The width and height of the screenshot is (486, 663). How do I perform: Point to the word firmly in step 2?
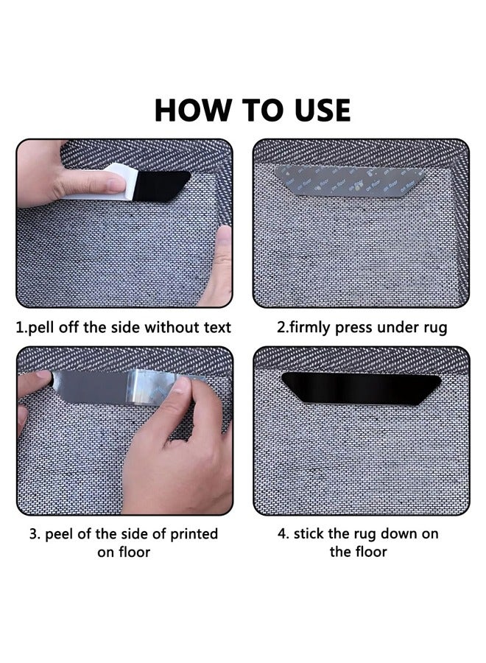click(314, 327)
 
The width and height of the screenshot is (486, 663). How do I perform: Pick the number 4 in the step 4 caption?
click(282, 533)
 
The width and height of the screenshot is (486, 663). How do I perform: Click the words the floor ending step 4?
click(359, 552)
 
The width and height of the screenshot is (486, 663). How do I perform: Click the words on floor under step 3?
click(124, 552)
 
